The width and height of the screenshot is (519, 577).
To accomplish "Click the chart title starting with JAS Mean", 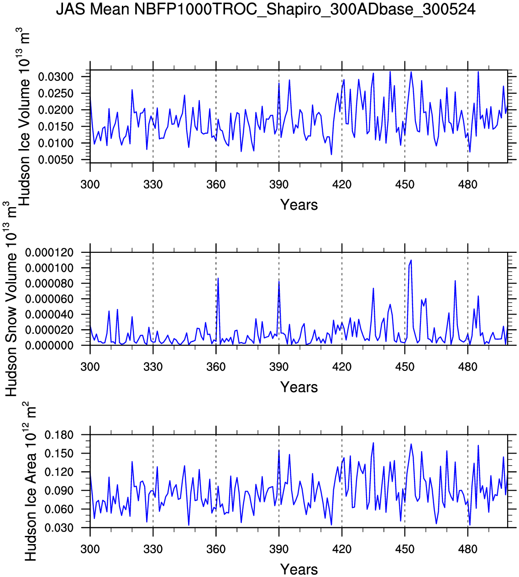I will pyautogui.click(x=266, y=9).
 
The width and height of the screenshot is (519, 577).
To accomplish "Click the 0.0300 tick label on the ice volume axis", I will pyautogui.click(x=56, y=77).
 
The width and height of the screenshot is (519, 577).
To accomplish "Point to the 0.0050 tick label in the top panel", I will pyautogui.click(x=56, y=160).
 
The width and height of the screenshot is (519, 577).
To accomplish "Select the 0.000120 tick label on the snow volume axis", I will pyautogui.click(x=49, y=252).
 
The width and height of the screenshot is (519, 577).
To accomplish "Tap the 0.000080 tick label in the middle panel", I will pyautogui.click(x=49, y=283).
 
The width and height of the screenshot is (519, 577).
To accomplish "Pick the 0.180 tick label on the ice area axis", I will pyautogui.click(x=59, y=435).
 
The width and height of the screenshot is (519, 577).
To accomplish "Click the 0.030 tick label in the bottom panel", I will pyautogui.click(x=59, y=528).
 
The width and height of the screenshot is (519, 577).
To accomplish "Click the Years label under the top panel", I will pyautogui.click(x=299, y=205).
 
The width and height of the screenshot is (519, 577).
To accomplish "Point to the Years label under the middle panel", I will pyautogui.click(x=299, y=387).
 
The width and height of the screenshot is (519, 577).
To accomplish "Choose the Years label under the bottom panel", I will pyautogui.click(x=299, y=570).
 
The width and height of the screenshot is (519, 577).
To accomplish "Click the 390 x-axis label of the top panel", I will pyautogui.click(x=279, y=185).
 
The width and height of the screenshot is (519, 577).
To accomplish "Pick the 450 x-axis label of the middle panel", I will pyautogui.click(x=405, y=367).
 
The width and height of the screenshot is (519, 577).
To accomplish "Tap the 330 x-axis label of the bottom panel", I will pyautogui.click(x=153, y=549).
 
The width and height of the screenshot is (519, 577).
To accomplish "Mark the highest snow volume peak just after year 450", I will pyautogui.click(x=411, y=260).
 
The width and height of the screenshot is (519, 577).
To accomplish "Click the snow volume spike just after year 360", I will pyautogui.click(x=218, y=278).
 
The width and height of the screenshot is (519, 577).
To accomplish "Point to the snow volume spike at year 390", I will pyautogui.click(x=279, y=281).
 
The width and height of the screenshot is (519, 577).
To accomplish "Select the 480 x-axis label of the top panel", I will pyautogui.click(x=468, y=185).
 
